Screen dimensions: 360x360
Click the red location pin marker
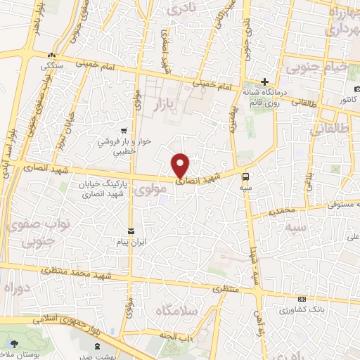click(181, 166)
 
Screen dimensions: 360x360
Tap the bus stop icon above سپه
click(245, 176)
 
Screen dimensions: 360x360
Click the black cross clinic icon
click(265, 82)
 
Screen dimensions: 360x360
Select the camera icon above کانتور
click(357, 90)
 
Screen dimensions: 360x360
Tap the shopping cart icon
click(124, 130)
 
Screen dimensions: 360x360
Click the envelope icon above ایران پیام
click(131, 231)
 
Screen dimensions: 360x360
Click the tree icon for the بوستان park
click(15, 343)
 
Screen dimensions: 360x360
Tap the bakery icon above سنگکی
click(51, 56)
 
